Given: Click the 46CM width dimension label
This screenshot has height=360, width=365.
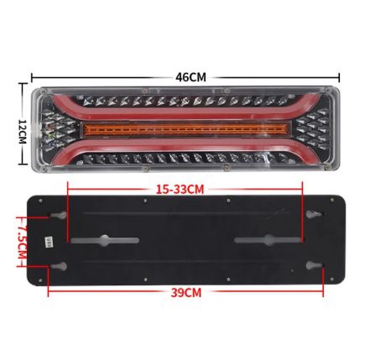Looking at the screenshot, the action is click(190, 77).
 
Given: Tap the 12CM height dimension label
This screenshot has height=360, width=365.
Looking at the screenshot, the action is click(22, 132).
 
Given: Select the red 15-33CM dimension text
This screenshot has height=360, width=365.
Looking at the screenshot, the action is click(180, 190).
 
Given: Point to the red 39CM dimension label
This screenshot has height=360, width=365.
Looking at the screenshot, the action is click(186, 293).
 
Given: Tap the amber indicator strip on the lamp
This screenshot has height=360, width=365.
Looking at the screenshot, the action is click(186, 130).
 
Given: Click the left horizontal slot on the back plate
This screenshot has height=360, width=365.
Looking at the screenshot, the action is click(105, 240).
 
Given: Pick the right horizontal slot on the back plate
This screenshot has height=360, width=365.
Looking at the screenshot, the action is click(268, 240).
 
